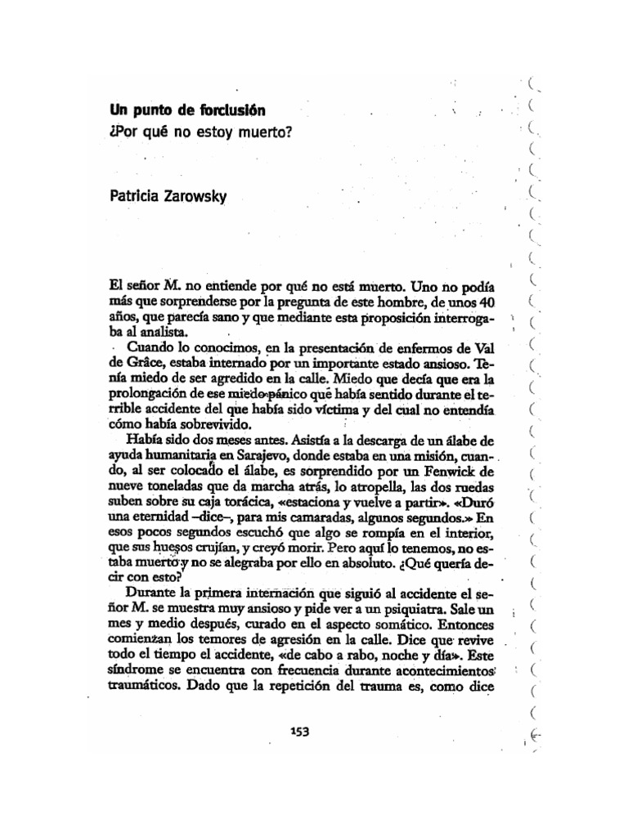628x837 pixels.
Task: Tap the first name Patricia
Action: click(x=137, y=197)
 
